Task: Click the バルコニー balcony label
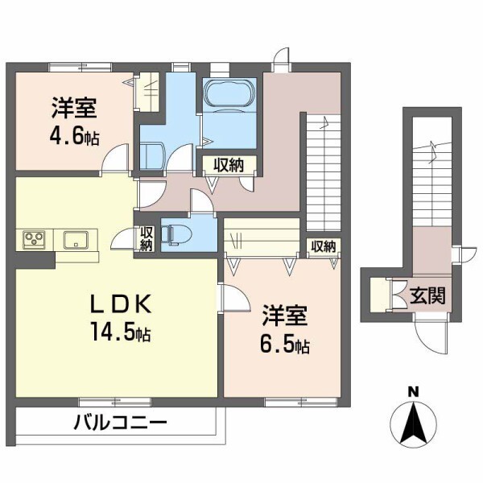pos(121,421)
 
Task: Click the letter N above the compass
pos(413,392)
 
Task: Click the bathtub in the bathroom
pos(229,97)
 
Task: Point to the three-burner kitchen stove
pos(35,239)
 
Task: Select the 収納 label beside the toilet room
pos(146,239)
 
